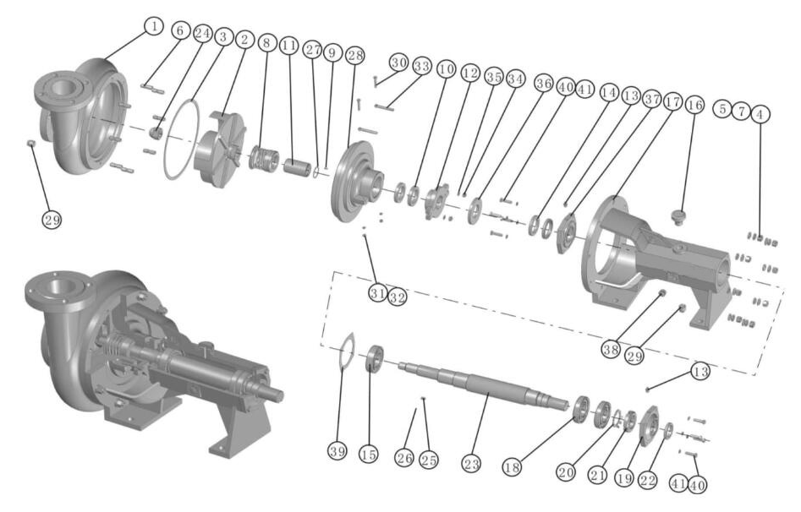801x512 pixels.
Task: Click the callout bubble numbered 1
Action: point(152,26)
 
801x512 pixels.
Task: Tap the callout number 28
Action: point(355,54)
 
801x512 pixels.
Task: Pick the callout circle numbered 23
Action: point(471,464)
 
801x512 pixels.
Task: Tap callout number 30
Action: point(398,62)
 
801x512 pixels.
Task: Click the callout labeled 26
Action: point(403,458)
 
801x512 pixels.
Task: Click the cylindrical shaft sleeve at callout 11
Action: point(298,161)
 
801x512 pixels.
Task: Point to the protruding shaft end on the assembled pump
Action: point(272,395)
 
